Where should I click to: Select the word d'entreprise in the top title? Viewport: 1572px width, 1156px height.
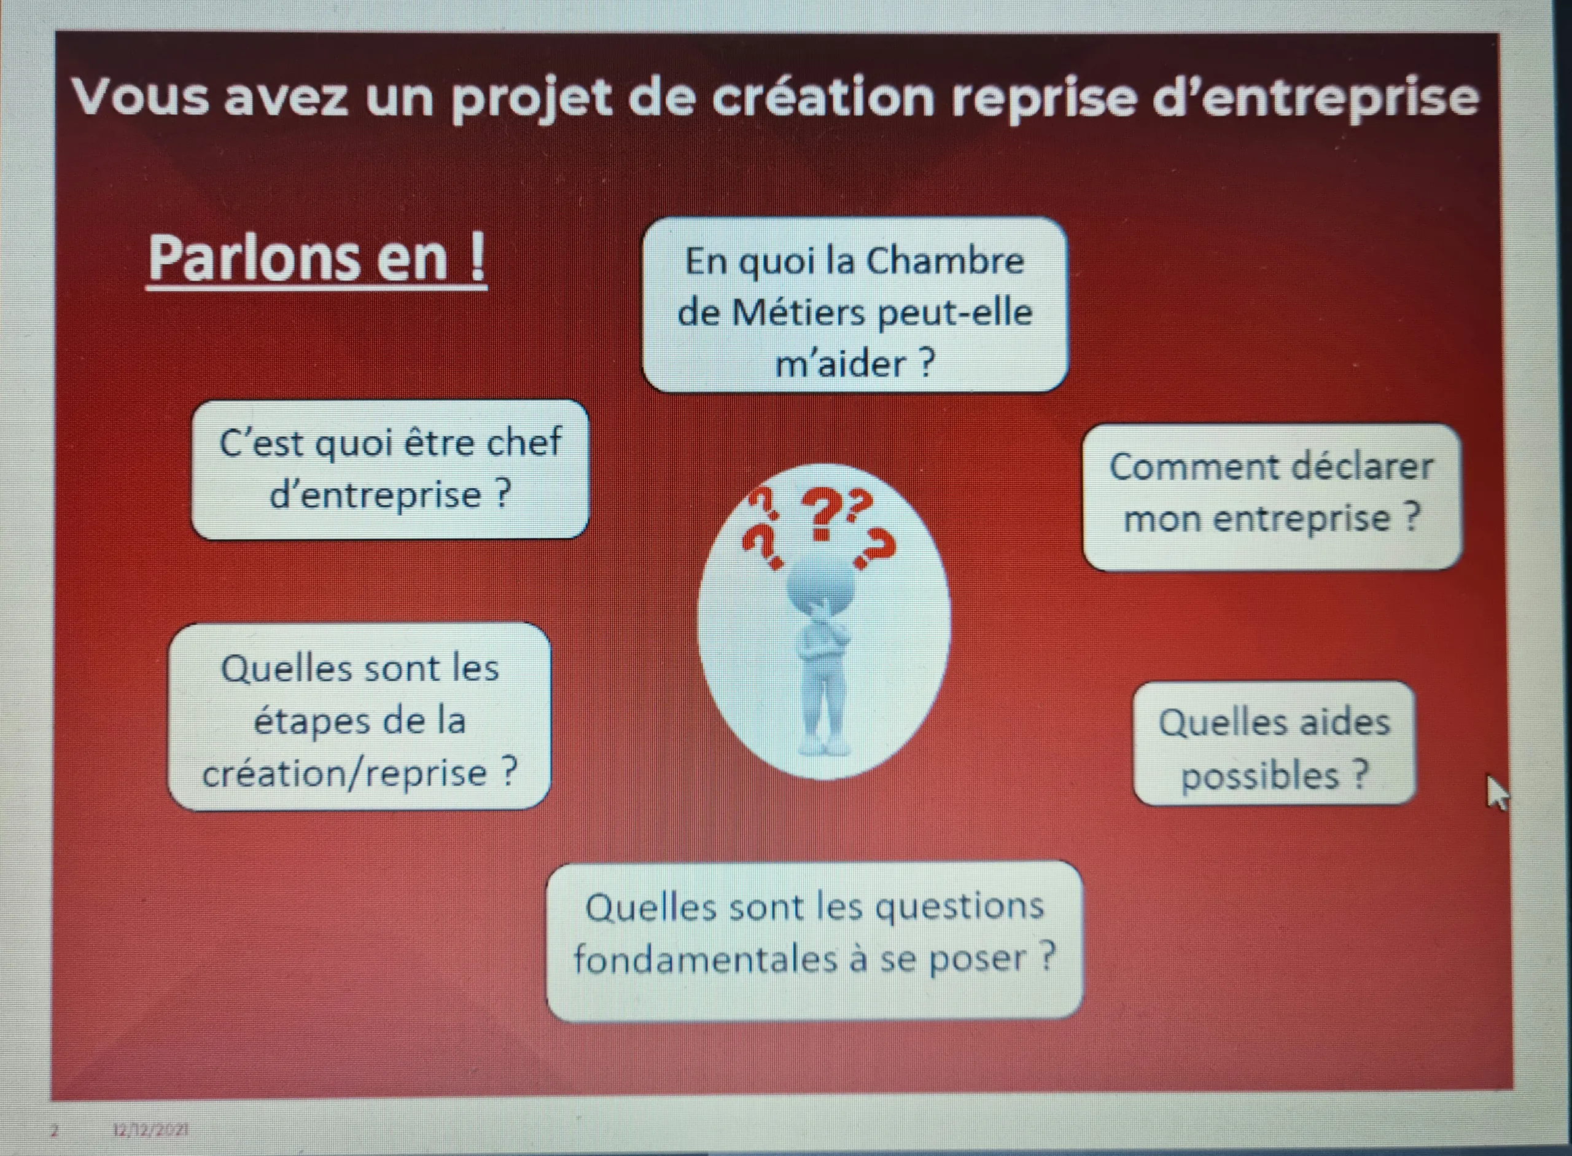click(1315, 98)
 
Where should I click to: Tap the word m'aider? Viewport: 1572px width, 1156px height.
click(839, 364)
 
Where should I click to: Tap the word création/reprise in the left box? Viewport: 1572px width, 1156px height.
click(344, 773)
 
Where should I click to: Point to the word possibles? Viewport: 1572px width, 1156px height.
click(1259, 775)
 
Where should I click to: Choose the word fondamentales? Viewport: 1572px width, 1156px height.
click(704, 959)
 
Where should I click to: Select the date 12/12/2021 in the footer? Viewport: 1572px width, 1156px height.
click(150, 1130)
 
